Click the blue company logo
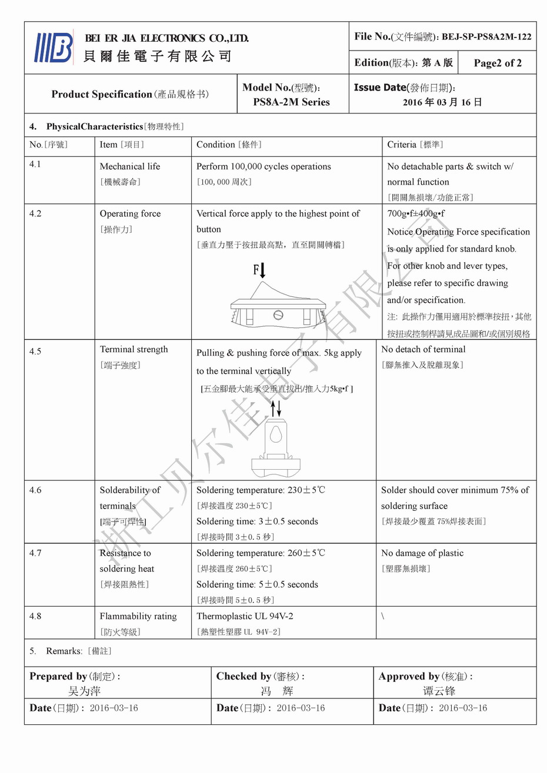(x=54, y=48)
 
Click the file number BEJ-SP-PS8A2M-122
(x=486, y=36)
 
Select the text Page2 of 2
(x=497, y=63)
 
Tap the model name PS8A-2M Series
(x=291, y=102)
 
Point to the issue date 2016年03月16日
(x=442, y=102)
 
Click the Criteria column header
(x=415, y=145)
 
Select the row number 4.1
(x=35, y=164)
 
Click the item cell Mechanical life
(x=129, y=166)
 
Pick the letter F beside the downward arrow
(x=256, y=270)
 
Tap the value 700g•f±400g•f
(x=416, y=213)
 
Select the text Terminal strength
(x=134, y=349)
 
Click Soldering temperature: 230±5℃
(x=261, y=490)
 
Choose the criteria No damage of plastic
(x=422, y=553)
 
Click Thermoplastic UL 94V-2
(x=245, y=616)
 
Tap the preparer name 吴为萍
(x=85, y=691)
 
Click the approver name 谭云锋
(x=439, y=691)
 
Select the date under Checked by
(x=301, y=708)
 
